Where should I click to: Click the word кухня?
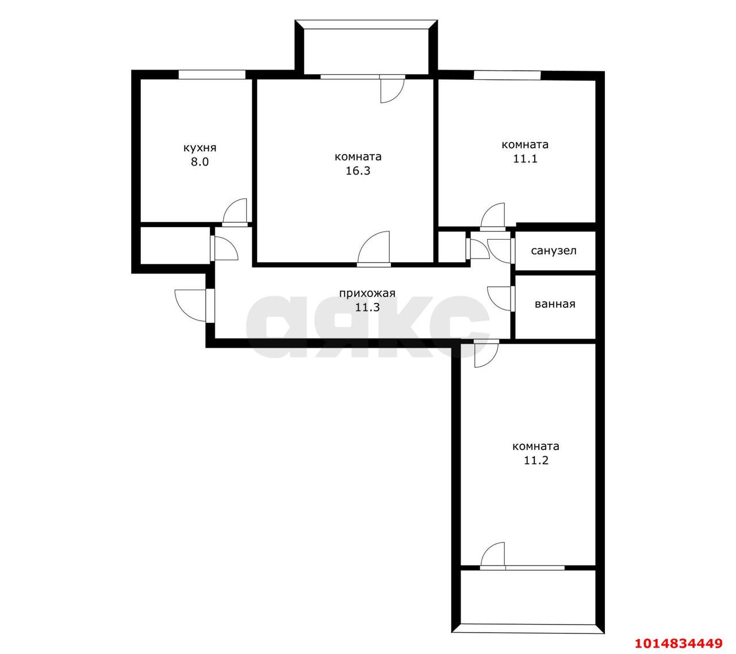pos(200,148)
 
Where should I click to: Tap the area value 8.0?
pos(200,162)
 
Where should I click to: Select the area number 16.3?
pos(358,171)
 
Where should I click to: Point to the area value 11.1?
pos(525,159)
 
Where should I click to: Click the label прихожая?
pos(367,293)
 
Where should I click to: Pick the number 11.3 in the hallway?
pos(367,307)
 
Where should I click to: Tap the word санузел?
pos(554,251)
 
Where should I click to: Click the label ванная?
pos(555,304)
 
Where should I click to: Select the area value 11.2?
pos(536,460)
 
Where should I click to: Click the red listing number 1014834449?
pos(678,644)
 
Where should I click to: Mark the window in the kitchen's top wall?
pos(212,75)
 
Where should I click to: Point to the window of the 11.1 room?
pos(507,75)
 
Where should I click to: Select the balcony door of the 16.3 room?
pos(392,90)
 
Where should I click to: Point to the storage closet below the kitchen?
pos(175,246)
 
